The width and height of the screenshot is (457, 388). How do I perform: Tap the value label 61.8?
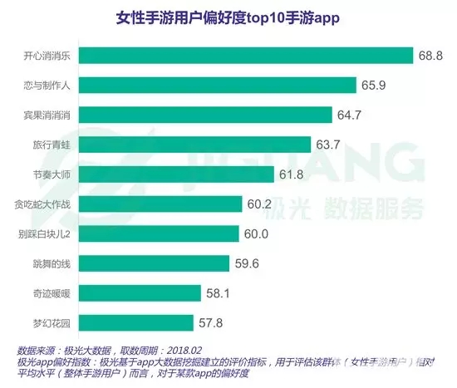click(294, 174)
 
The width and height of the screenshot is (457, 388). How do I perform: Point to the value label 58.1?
click(222, 293)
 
